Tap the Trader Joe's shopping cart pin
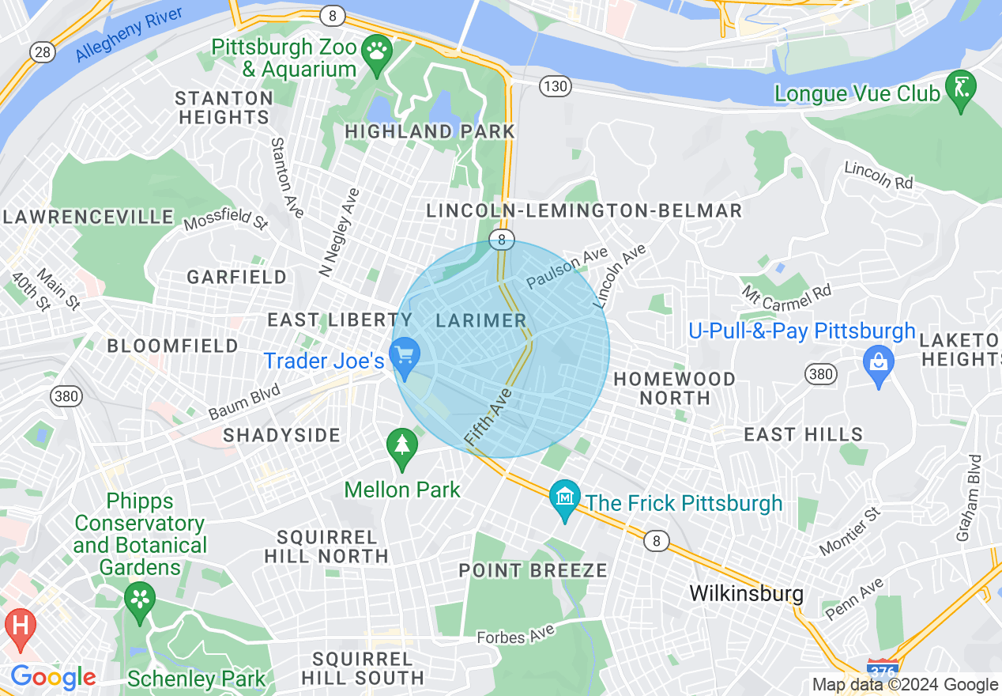[405, 354]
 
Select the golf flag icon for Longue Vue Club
[962, 88]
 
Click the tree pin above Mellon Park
[402, 445]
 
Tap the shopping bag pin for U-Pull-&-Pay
[879, 363]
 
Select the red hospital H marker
[20, 626]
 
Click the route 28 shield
[43, 51]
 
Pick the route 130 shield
[556, 86]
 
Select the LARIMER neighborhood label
[481, 320]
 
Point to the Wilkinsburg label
[746, 593]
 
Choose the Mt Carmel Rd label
[785, 299]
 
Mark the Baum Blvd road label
[244, 403]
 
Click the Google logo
[53, 678]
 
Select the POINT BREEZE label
[533, 570]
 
